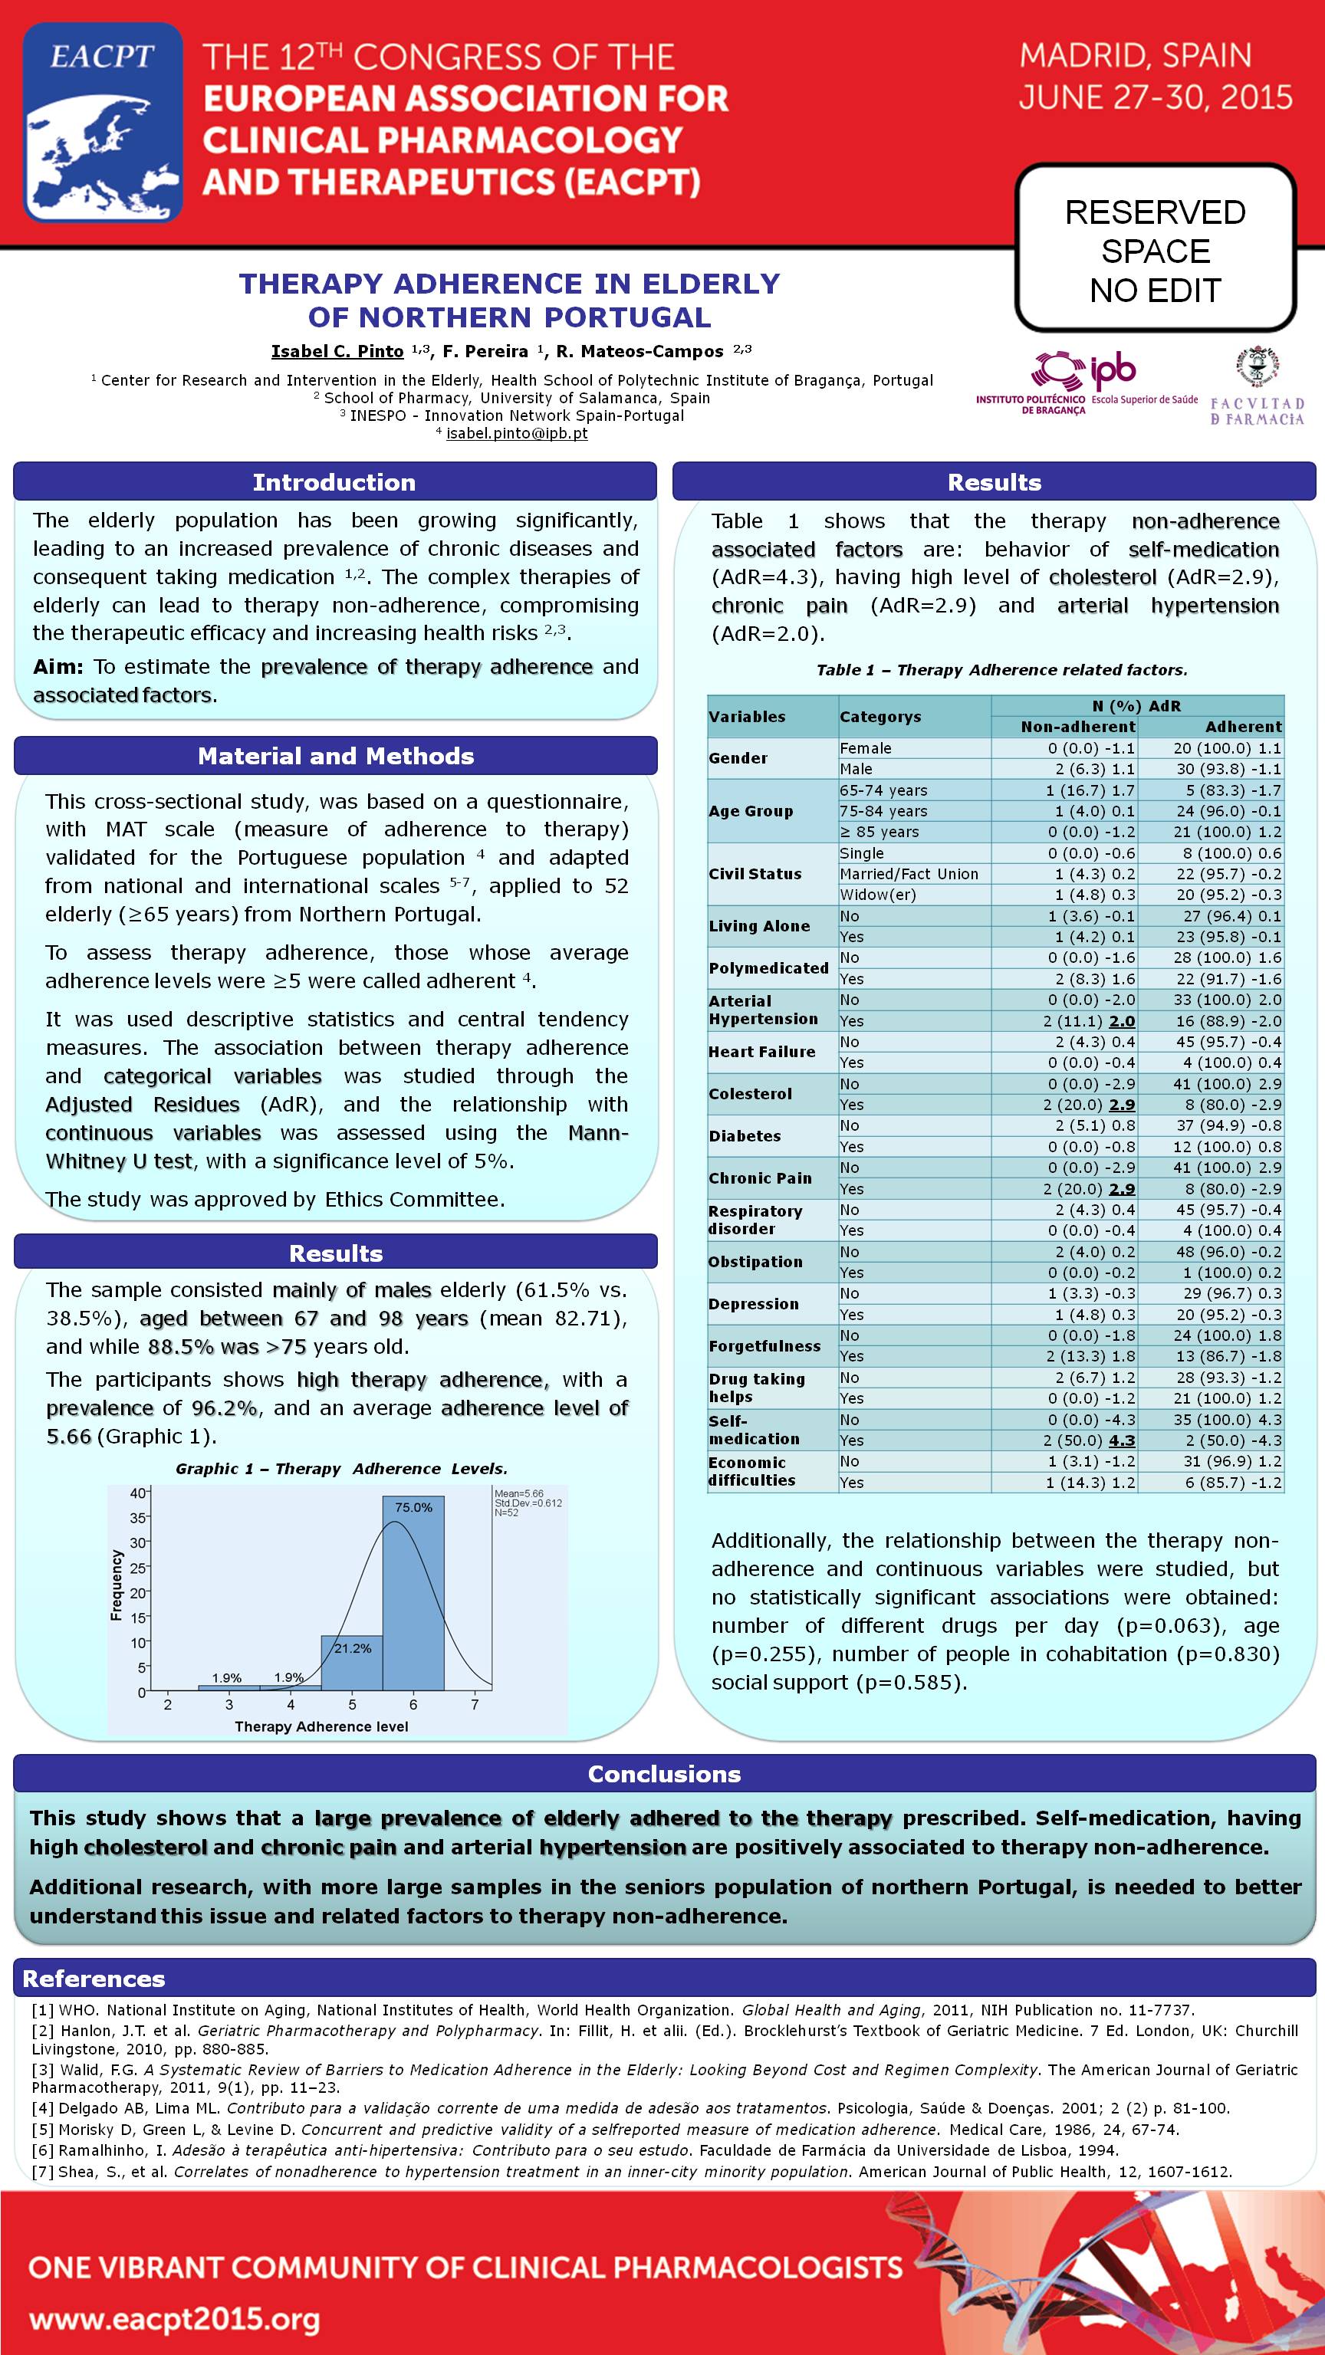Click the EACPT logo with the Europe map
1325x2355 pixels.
coord(103,123)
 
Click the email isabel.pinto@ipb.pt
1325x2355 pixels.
coord(517,433)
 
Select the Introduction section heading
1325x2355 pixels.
coord(334,481)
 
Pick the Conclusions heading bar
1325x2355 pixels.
coord(664,1774)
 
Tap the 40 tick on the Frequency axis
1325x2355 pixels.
coord(137,1493)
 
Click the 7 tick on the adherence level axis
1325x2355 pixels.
coord(475,1704)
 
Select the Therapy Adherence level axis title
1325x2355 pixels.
coord(321,1726)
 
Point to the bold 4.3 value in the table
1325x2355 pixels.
coord(1121,1440)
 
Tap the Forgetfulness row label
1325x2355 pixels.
coord(764,1345)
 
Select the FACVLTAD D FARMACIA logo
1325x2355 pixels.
coord(1257,388)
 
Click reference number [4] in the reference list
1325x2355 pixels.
coord(43,2108)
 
